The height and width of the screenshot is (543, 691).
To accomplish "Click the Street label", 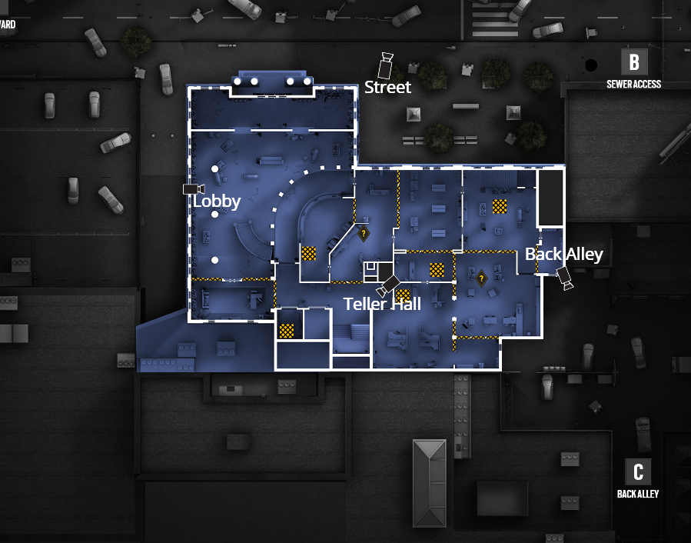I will tap(387, 87).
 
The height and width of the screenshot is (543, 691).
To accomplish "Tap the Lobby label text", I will tap(217, 202).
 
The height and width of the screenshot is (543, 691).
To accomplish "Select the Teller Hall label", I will tap(382, 304).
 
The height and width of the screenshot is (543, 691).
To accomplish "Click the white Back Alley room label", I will tap(564, 254).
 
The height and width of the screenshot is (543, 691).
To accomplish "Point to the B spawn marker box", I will tap(633, 62).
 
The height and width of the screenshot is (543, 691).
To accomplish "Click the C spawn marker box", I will tap(638, 471).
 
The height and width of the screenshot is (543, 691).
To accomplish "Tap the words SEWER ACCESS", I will tap(633, 84).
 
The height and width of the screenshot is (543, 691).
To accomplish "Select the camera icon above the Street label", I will tap(385, 65).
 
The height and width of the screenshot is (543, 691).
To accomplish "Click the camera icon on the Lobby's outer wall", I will tap(192, 188).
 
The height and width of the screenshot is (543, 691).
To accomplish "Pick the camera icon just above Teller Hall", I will tap(389, 284).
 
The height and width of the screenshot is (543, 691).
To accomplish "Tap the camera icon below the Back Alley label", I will tap(565, 278).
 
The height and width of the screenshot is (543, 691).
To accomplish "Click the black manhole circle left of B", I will tap(590, 65).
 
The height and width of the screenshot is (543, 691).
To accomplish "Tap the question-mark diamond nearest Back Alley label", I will tap(482, 278).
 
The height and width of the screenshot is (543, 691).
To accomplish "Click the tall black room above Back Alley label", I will tap(550, 197).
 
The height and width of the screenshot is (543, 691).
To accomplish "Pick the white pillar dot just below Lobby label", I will tap(215, 215).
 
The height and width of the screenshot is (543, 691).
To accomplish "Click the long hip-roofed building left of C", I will tap(429, 482).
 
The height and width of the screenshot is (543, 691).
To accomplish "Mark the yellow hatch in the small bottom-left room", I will tap(287, 331).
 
